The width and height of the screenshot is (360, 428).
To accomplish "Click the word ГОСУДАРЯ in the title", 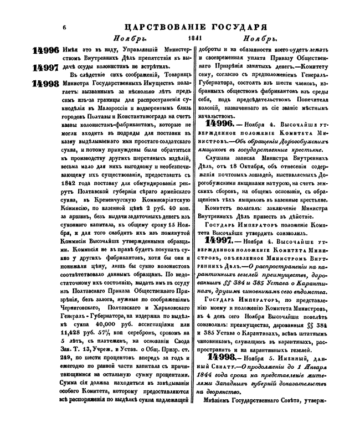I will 244,26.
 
